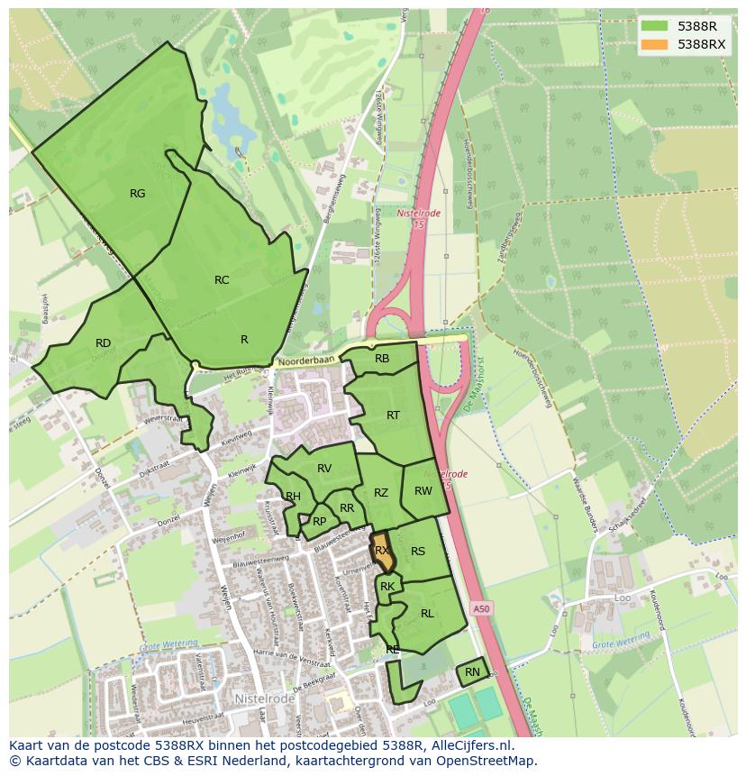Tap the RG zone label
[137, 194]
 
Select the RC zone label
[222, 280]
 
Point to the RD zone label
[103, 343]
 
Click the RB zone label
[382, 359]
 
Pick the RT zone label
[393, 415]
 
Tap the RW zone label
[423, 491]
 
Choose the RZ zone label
[381, 493]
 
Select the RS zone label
[418, 552]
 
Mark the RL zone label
[427, 614]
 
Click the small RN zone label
[472, 672]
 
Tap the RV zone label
[324, 469]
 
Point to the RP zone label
[319, 521]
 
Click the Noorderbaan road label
[306, 360]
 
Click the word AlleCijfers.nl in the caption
[469, 746]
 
